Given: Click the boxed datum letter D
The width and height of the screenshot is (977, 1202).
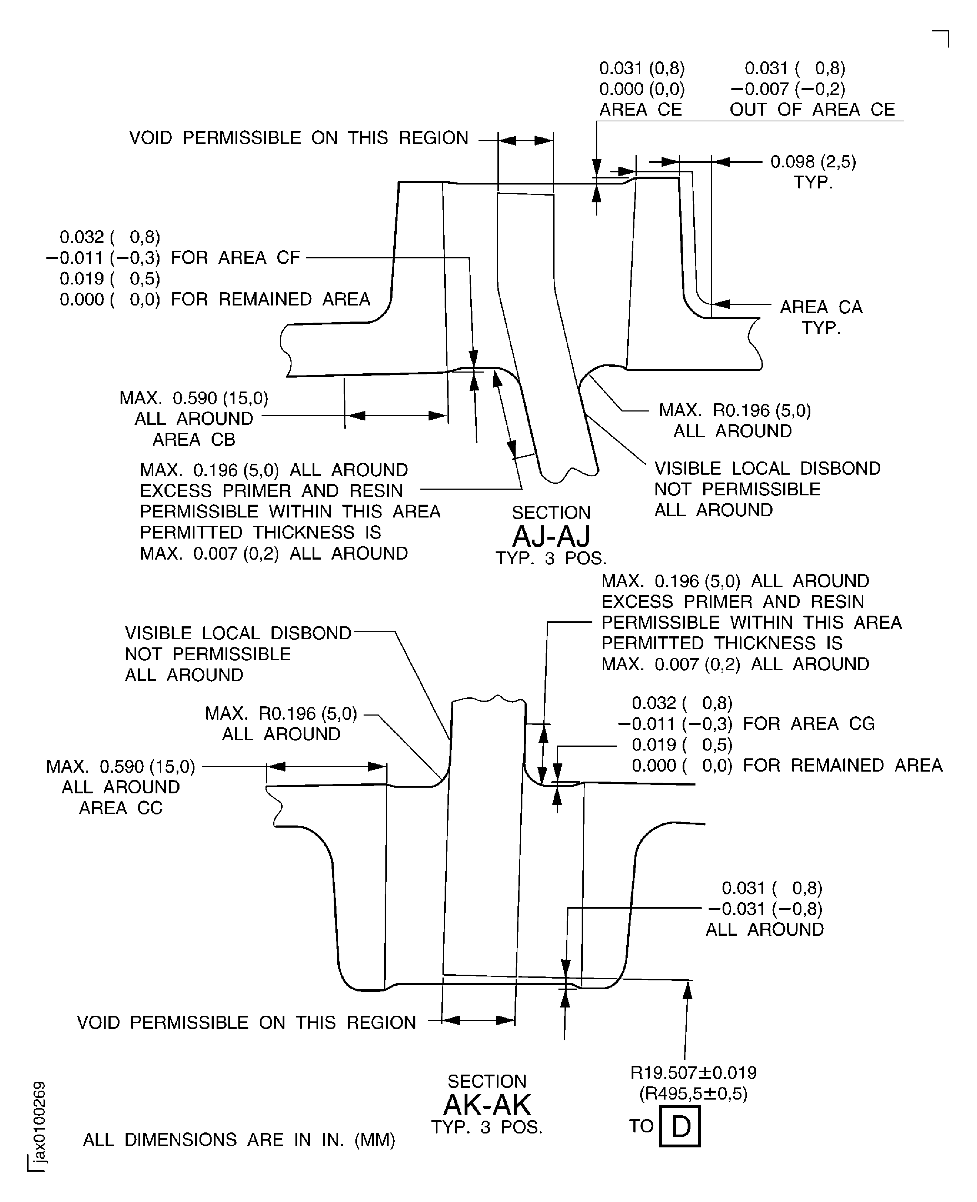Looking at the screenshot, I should [x=680, y=1126].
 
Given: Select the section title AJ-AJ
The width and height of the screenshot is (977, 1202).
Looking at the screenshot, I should [x=551, y=536].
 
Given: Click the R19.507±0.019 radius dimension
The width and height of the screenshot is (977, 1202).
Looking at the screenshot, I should [x=693, y=1072].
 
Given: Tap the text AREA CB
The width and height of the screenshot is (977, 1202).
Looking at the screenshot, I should [x=194, y=439].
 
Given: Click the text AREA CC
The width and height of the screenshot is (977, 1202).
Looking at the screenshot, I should [x=121, y=808].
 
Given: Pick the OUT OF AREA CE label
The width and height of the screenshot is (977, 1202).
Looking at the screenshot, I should [x=812, y=109].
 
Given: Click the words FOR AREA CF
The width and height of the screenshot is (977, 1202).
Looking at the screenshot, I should [x=235, y=258].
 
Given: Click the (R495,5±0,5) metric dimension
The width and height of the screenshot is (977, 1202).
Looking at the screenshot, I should [x=693, y=1094].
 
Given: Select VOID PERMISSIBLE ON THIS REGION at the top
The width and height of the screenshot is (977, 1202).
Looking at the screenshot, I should [x=298, y=138].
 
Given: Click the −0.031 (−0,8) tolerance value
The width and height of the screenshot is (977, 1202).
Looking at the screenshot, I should [x=765, y=908].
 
